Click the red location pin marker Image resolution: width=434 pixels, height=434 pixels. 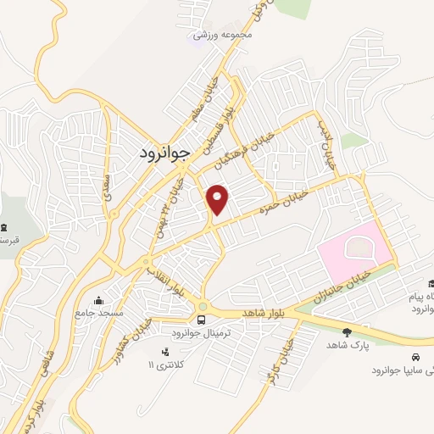tap(219, 198)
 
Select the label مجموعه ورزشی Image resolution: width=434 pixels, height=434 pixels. tap(222, 35)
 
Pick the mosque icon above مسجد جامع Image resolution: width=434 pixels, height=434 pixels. tap(100, 300)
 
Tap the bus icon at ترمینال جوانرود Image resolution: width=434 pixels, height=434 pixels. tap(202, 320)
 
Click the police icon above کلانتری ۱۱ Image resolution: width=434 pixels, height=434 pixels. tap(164, 351)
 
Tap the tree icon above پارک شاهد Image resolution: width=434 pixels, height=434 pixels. tap(346, 332)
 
